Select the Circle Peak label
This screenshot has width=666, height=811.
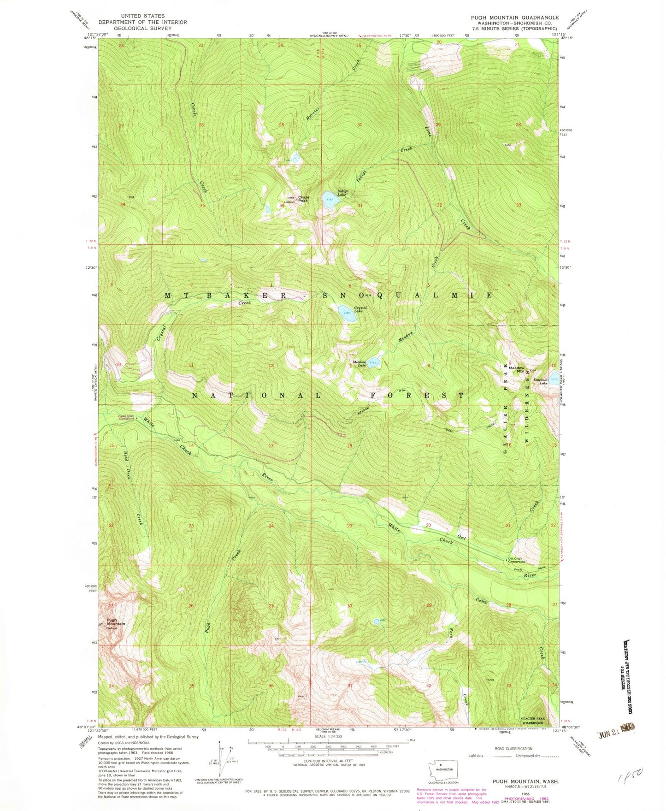click(303, 199)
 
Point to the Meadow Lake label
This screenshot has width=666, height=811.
click(359, 363)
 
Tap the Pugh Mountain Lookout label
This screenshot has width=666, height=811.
click(115, 623)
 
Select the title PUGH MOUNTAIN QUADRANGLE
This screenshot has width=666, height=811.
click(514, 18)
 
